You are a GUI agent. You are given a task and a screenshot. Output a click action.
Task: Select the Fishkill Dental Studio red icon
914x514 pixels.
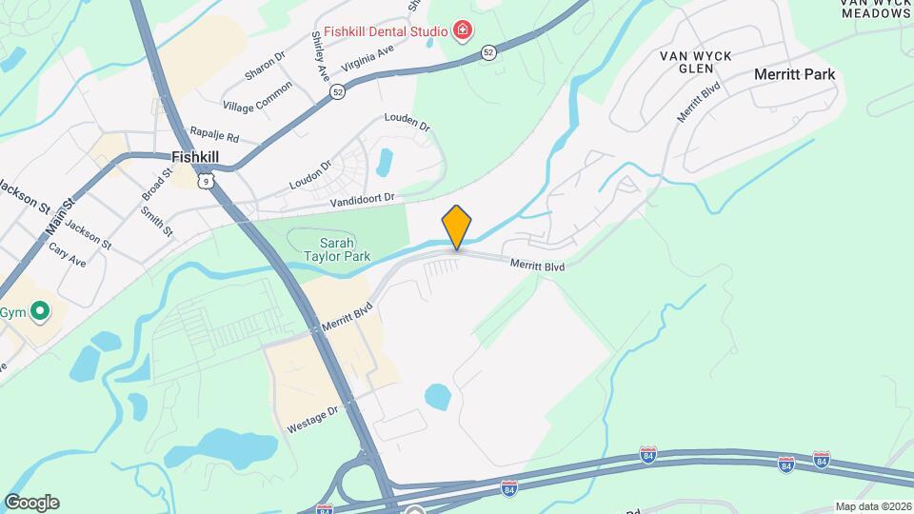463,31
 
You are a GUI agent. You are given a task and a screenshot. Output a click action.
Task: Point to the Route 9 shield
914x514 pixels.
206,179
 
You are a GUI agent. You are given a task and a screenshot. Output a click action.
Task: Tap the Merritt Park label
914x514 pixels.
794,74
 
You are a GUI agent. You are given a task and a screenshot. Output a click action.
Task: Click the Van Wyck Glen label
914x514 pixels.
696,62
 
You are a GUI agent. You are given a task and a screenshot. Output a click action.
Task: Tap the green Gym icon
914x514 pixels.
40,311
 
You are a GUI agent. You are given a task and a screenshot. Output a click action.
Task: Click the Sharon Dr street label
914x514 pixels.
265,66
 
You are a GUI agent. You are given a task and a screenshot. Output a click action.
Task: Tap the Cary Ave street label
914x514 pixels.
68,253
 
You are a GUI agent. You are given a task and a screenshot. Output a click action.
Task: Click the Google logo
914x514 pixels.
31,503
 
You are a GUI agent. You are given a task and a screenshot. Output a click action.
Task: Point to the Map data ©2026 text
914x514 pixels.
872,506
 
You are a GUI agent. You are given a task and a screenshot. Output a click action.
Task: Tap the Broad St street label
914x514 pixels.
155,182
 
